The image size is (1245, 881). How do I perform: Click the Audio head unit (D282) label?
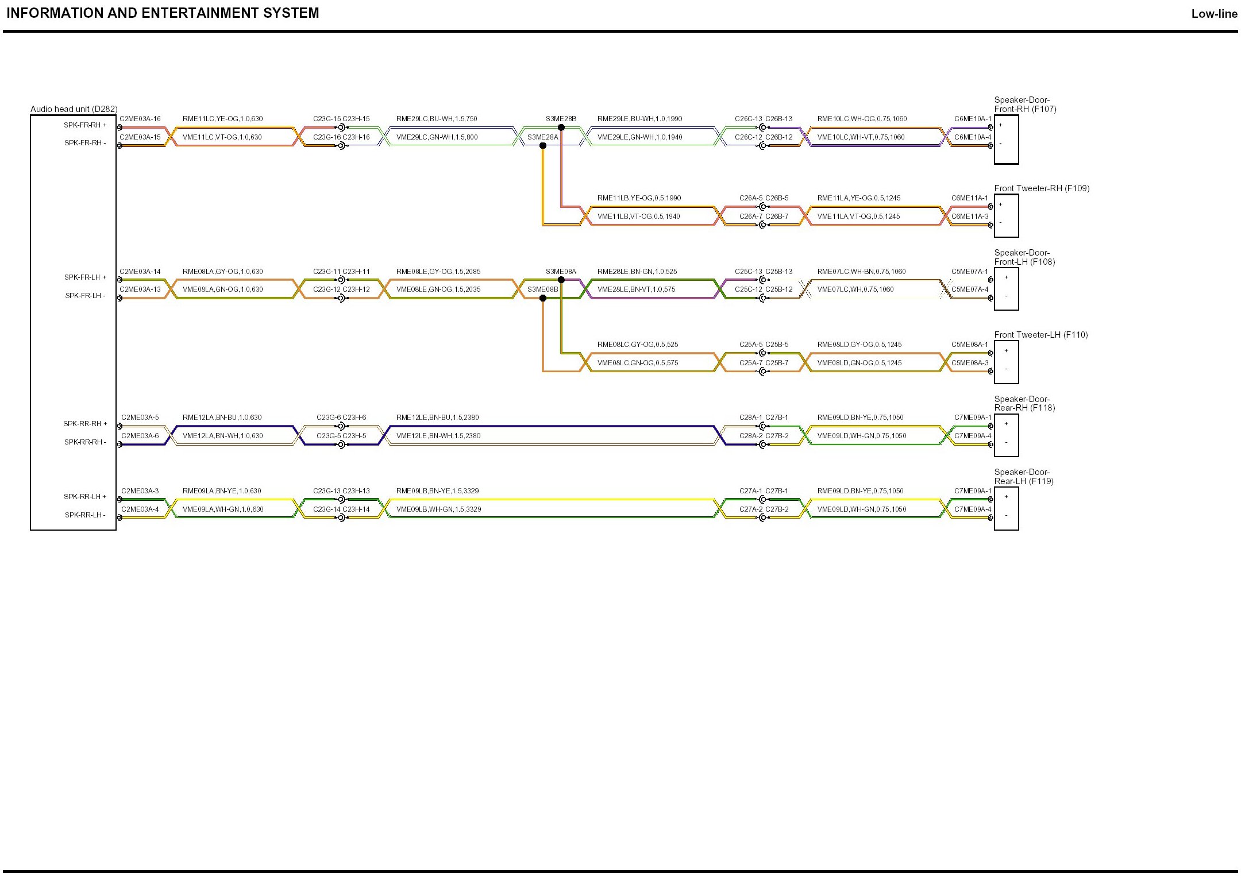pos(74,109)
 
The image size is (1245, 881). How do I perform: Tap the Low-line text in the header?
pos(1214,14)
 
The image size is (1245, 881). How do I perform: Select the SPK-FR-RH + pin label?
pos(85,125)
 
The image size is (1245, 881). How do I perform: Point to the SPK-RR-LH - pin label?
pos(85,515)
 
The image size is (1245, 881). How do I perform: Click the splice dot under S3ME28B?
pos(561,127)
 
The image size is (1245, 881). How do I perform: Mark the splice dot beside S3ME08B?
pos(543,298)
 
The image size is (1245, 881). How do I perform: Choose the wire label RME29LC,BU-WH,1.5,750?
pos(437,119)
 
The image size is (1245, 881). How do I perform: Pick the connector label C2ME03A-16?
pos(140,119)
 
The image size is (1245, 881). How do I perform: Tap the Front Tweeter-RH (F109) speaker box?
pos(1006,216)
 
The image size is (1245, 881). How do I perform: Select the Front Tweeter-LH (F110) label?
pos(1041,335)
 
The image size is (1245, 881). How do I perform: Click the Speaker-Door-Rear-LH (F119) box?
pos(1006,509)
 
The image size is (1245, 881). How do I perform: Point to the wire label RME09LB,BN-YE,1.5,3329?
pos(437,491)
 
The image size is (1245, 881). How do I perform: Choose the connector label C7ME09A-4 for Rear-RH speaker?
pos(973,436)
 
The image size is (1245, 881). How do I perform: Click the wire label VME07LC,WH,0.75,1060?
pos(855,289)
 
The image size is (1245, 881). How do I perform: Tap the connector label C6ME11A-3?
pos(970,217)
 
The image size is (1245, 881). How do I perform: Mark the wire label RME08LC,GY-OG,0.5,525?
pos(638,345)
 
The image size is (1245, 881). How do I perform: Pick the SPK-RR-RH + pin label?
pos(85,424)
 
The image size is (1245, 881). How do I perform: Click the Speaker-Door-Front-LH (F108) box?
pos(1006,289)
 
